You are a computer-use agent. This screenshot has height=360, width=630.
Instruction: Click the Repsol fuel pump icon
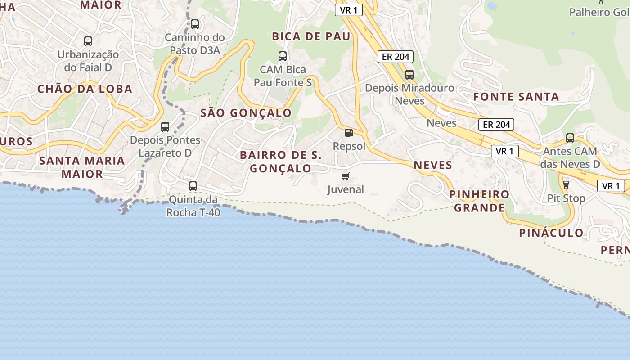click(349, 133)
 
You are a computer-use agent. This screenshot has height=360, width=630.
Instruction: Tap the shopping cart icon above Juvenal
click(345, 176)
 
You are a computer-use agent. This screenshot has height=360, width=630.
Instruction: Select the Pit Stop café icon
click(566, 184)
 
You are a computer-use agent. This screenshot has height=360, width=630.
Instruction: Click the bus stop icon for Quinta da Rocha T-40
click(193, 186)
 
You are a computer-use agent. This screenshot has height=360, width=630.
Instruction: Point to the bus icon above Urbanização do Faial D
click(88, 41)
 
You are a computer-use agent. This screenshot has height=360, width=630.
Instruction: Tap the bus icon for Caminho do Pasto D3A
click(195, 24)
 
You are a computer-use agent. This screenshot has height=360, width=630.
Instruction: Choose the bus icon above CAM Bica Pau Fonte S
click(283, 56)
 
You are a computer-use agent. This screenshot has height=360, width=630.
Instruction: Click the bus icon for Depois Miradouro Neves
click(409, 75)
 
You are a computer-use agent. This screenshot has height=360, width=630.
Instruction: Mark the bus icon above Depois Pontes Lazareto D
click(165, 127)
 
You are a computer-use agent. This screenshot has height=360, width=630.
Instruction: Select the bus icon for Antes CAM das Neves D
click(570, 138)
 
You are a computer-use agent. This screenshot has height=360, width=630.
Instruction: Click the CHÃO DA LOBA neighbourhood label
click(85, 89)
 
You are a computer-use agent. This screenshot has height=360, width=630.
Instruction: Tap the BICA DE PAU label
click(311, 37)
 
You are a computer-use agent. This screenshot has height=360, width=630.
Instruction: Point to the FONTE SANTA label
click(516, 97)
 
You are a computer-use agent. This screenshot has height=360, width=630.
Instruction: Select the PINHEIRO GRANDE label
click(480, 201)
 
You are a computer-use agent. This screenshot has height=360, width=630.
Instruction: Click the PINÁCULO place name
click(551, 233)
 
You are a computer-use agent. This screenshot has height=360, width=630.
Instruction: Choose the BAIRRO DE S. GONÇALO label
click(281, 162)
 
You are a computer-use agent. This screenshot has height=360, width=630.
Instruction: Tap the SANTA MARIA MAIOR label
click(82, 167)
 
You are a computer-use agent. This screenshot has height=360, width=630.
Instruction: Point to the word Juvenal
click(346, 189)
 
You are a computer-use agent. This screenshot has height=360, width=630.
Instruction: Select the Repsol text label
click(349, 146)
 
